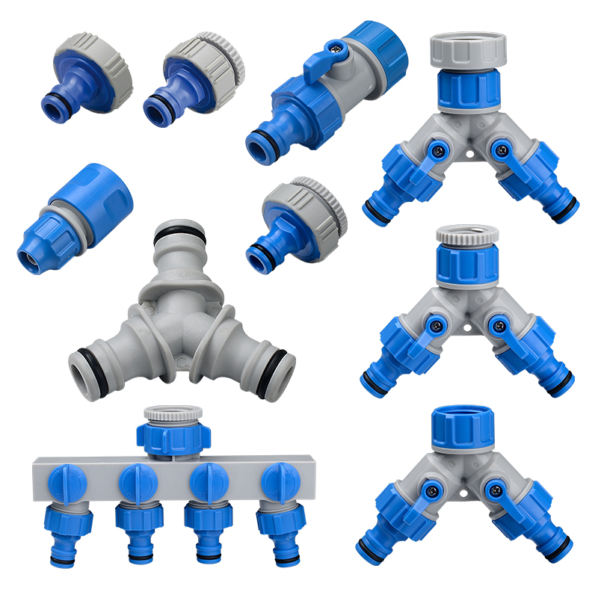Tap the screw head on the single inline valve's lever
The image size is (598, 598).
click(337, 46)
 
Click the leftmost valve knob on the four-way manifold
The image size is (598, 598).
click(64, 479)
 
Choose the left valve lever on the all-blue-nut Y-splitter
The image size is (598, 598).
click(422, 493)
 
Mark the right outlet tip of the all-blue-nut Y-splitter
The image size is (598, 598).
click(561, 553)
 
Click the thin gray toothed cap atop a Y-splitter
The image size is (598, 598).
click(467, 235)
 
